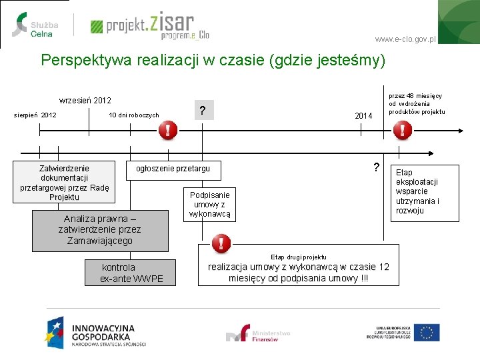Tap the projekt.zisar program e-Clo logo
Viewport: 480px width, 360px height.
pos(150,26)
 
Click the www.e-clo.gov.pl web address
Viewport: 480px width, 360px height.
pos(405,39)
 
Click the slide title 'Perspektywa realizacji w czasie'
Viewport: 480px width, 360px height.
pos(213,61)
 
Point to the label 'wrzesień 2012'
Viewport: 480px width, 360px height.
pos(85,101)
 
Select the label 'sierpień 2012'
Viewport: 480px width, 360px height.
pos(35,115)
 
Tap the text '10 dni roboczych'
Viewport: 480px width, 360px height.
pos(134,115)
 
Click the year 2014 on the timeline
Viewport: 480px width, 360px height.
pos(363,116)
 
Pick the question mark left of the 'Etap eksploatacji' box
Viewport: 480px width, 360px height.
pos(377,167)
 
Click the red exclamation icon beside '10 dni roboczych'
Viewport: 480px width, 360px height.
pos(168,131)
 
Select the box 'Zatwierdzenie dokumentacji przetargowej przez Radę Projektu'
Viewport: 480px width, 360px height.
pos(64,182)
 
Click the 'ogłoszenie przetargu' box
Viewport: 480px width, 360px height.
pos(173,169)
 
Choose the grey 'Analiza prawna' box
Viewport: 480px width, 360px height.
pos(99,230)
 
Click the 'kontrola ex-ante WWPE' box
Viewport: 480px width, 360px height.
pos(131,273)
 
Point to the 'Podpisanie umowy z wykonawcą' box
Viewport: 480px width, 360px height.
pos(209,205)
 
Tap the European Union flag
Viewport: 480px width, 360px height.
pos(427,332)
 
